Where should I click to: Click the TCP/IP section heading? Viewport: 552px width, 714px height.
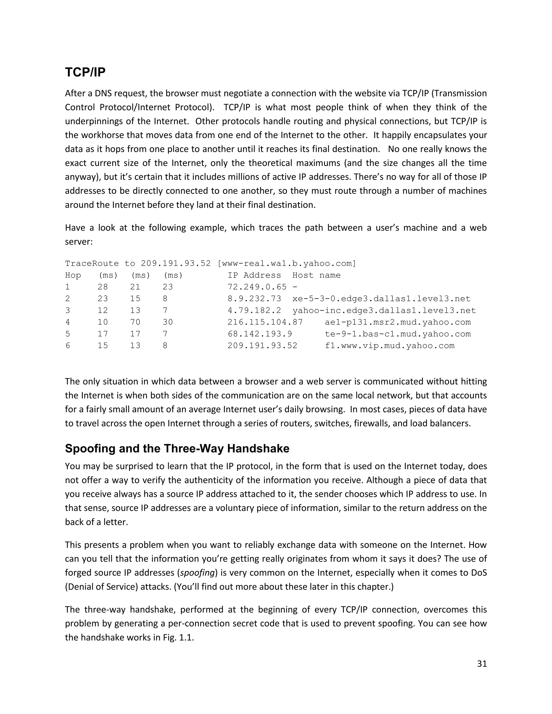click(x=85, y=72)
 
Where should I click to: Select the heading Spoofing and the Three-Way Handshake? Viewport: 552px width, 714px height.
click(x=177, y=448)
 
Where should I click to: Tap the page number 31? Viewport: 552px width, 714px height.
click(x=482, y=663)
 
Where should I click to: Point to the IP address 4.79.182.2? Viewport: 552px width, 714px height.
click(x=254, y=311)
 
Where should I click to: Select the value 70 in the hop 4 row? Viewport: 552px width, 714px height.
click(x=135, y=322)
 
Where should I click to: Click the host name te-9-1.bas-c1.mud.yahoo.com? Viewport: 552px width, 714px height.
click(x=398, y=334)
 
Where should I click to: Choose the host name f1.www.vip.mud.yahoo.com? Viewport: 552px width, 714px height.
click(x=389, y=346)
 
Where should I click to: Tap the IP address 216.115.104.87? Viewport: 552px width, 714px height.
click(x=265, y=322)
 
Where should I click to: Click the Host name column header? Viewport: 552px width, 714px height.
click(x=316, y=275)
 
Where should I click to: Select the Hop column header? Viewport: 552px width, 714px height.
click(x=73, y=275)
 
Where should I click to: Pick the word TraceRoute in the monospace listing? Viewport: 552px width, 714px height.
click(x=92, y=264)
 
